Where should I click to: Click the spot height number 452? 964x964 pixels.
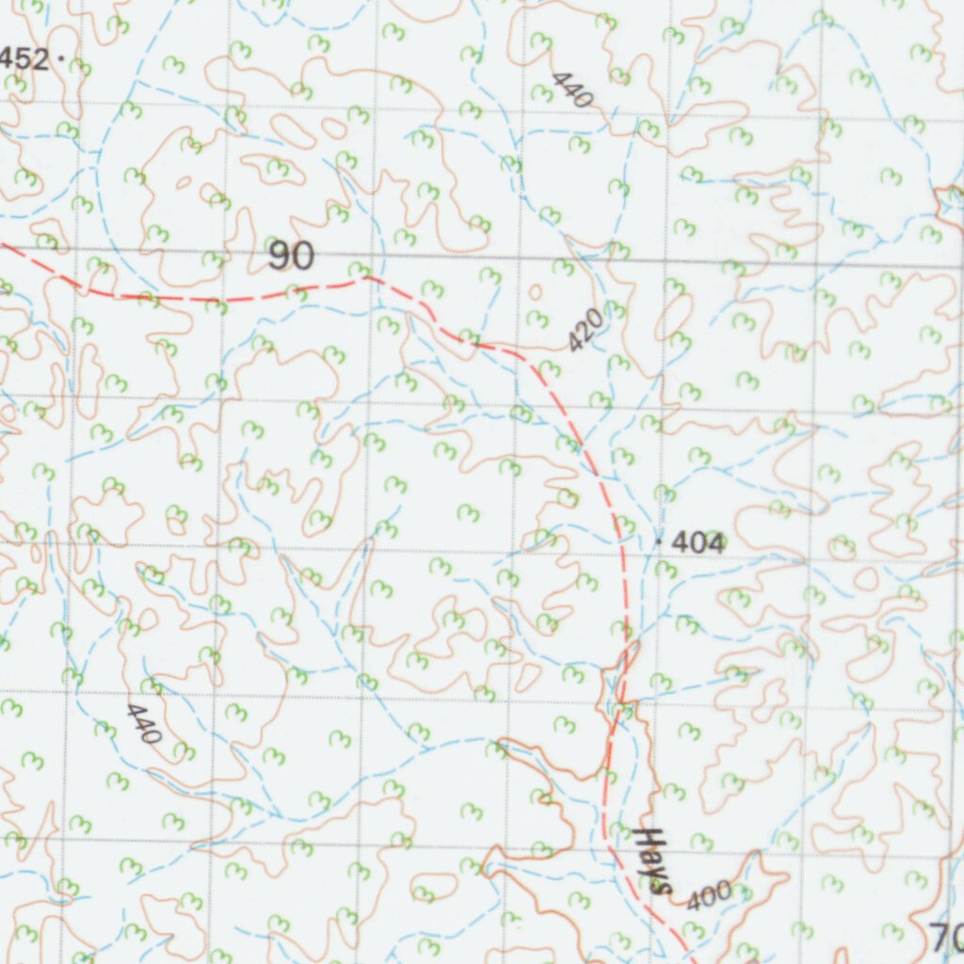[24, 59]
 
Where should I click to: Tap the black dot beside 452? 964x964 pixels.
[61, 58]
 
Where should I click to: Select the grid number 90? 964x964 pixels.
[291, 256]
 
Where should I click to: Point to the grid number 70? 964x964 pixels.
[946, 937]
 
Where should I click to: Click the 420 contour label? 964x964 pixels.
[585, 331]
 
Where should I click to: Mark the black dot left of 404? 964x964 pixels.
[657, 541]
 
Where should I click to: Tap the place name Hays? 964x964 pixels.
[653, 860]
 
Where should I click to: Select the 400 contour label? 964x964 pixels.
[709, 897]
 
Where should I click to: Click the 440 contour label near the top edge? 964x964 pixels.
[571, 88]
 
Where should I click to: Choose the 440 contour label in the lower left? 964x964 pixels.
[143, 723]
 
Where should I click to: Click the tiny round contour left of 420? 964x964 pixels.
[536, 293]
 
